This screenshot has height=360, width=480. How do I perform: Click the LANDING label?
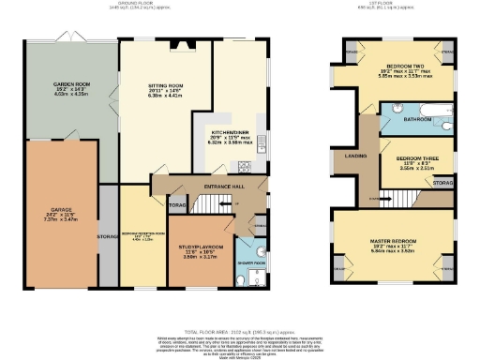pos(355,155)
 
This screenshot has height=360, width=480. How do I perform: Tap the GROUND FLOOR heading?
pos(146,4)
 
